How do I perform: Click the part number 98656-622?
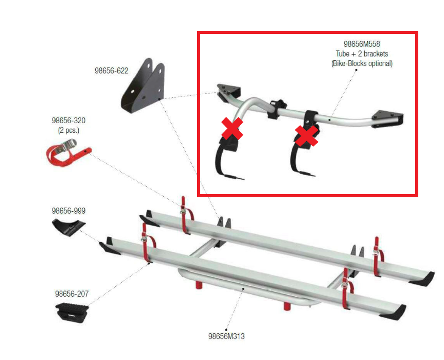(111, 71)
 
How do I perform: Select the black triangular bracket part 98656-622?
(143, 86)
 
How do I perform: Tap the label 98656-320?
(68, 121)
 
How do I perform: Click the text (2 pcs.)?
(68, 130)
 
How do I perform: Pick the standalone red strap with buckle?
(68, 152)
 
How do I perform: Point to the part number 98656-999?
(68, 211)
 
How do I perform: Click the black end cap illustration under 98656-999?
(69, 227)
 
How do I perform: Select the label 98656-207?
(72, 294)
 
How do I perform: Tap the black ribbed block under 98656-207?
(72, 313)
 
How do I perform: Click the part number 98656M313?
(226, 336)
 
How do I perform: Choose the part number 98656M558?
(362, 44)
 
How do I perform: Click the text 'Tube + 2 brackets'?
(362, 54)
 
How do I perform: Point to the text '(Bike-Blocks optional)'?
(362, 63)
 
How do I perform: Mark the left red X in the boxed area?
(232, 128)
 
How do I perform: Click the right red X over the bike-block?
(306, 136)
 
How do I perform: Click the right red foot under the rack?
(287, 306)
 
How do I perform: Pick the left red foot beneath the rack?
(199, 285)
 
